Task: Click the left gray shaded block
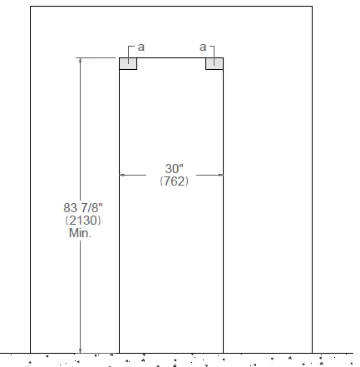pyautogui.click(x=128, y=63)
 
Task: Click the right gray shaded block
pyautogui.click(x=215, y=63)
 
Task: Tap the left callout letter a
pyautogui.click(x=141, y=47)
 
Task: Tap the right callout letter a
pyautogui.click(x=202, y=47)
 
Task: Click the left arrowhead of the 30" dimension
pyautogui.click(x=123, y=175)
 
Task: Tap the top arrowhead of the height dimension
pyautogui.click(x=81, y=61)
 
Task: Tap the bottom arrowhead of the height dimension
pyautogui.click(x=81, y=349)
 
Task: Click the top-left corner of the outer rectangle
pyautogui.click(x=30, y=7)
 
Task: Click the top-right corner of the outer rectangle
pyautogui.click(x=313, y=7)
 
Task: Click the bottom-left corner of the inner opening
pyautogui.click(x=120, y=352)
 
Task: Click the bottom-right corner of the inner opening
pyautogui.click(x=223, y=352)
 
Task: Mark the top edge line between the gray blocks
pyautogui.click(x=171, y=57)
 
